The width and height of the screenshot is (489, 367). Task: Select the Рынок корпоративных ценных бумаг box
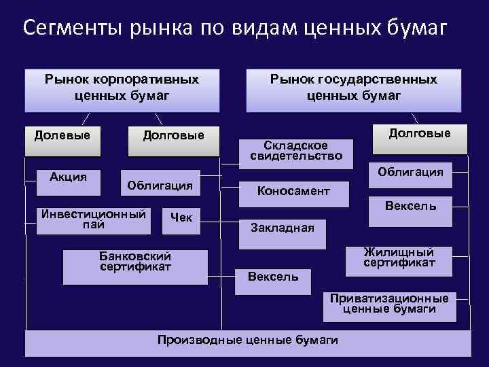(122, 89)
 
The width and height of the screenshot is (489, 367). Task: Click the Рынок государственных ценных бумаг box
(353, 89)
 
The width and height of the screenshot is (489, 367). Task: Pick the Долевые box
(62, 139)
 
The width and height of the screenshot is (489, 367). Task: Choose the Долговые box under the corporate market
(173, 139)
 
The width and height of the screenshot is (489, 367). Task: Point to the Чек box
(181, 220)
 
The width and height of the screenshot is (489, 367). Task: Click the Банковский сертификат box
(135, 265)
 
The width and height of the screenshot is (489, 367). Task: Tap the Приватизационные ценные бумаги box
(389, 306)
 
